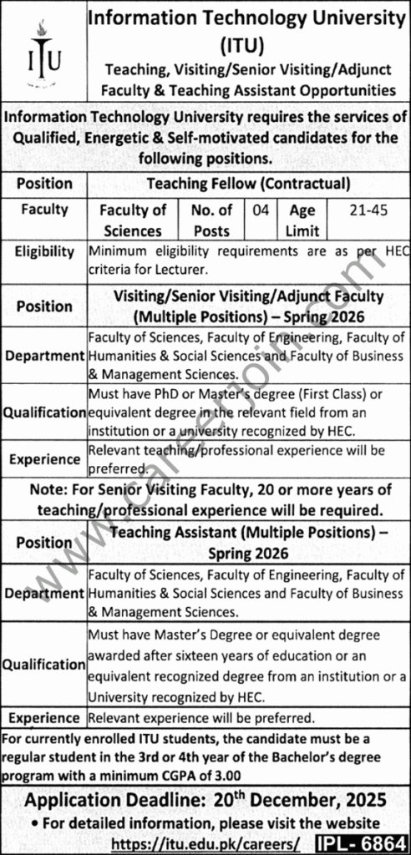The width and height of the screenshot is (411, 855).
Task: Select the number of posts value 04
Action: click(x=261, y=210)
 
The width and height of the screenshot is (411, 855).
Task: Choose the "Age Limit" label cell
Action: click(x=303, y=220)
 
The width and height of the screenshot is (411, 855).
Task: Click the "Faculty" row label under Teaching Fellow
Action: click(x=44, y=210)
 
